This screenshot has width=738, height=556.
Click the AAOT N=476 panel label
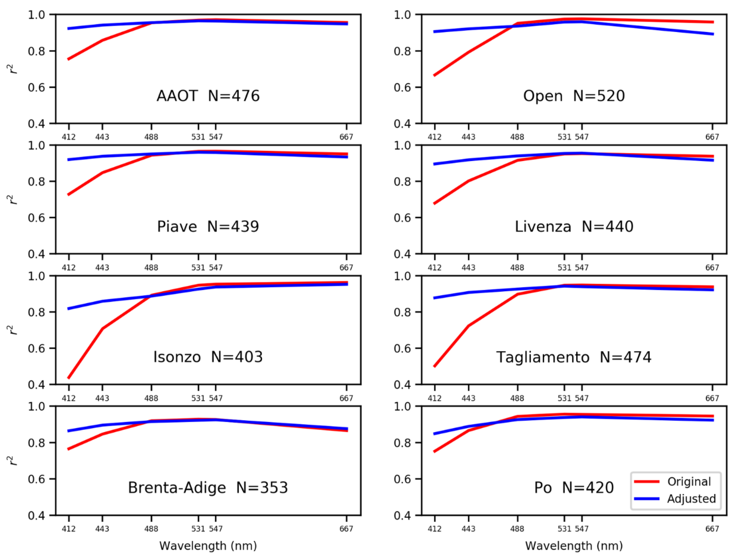208,96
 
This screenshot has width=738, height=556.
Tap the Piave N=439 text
208,227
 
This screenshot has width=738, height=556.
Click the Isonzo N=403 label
208,357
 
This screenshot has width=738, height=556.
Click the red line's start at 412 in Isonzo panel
69,378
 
